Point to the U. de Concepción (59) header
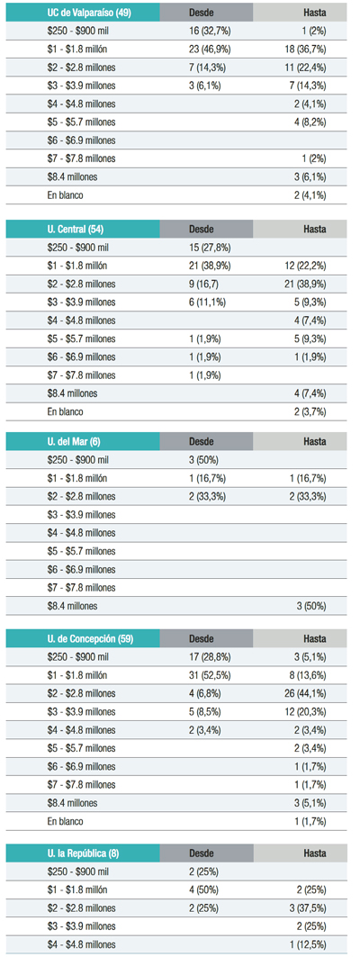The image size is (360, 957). pyautogui.click(x=90, y=639)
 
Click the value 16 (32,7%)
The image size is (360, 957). pyautogui.click(x=210, y=31)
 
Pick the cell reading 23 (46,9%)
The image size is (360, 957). pyautogui.click(x=210, y=49)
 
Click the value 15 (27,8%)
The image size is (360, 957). pyautogui.click(x=210, y=248)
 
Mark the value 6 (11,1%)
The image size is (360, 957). pyautogui.click(x=208, y=302)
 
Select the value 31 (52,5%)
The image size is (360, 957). pyautogui.click(x=210, y=675)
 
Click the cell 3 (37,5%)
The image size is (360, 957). pyautogui.click(x=308, y=908)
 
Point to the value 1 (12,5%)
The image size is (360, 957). pyautogui.click(x=308, y=944)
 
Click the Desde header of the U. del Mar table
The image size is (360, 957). pyautogui.click(x=202, y=441)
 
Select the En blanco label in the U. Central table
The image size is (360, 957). pyautogui.click(x=66, y=412)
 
